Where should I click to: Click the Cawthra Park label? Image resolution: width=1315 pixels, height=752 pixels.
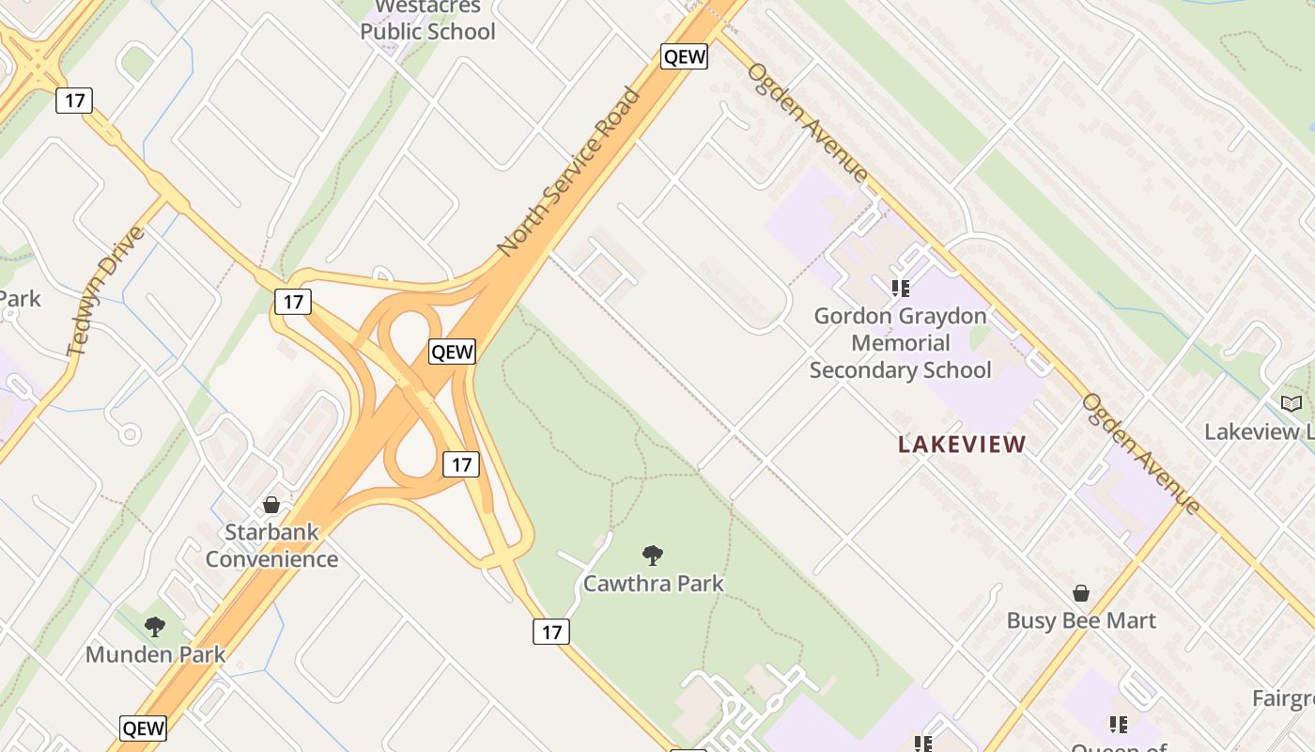pos(654,584)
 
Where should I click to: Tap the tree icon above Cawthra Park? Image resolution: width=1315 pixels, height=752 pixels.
pos(653,555)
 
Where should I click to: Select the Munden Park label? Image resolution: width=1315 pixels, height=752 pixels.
pos(155,654)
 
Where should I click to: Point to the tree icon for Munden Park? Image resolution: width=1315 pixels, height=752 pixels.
pos(155,626)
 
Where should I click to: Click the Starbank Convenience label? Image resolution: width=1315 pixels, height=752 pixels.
pos(271,545)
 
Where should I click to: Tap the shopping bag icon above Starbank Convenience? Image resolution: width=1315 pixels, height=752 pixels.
pos(271,506)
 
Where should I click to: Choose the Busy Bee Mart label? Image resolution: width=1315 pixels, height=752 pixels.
pos(1081,620)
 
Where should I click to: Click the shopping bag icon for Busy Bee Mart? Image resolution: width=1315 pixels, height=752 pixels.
pos(1081,593)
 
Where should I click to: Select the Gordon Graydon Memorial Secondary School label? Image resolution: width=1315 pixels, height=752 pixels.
pos(900,343)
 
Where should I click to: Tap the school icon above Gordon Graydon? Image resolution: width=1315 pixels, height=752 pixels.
pos(900,288)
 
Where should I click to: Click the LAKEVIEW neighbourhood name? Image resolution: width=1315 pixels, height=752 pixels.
pos(962,445)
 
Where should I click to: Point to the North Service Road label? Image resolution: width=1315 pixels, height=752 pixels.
pos(569,171)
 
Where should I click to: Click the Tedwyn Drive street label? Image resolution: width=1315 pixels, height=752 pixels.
pos(106,291)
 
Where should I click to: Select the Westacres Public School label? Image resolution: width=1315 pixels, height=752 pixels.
pos(427,21)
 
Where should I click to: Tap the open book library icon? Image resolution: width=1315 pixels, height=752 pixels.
pos(1292,403)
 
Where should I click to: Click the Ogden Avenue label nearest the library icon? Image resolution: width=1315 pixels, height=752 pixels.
pos(1140,453)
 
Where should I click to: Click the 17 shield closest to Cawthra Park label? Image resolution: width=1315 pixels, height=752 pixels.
pos(551,632)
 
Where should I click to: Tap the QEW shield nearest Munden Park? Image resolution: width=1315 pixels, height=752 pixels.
pos(144,728)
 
